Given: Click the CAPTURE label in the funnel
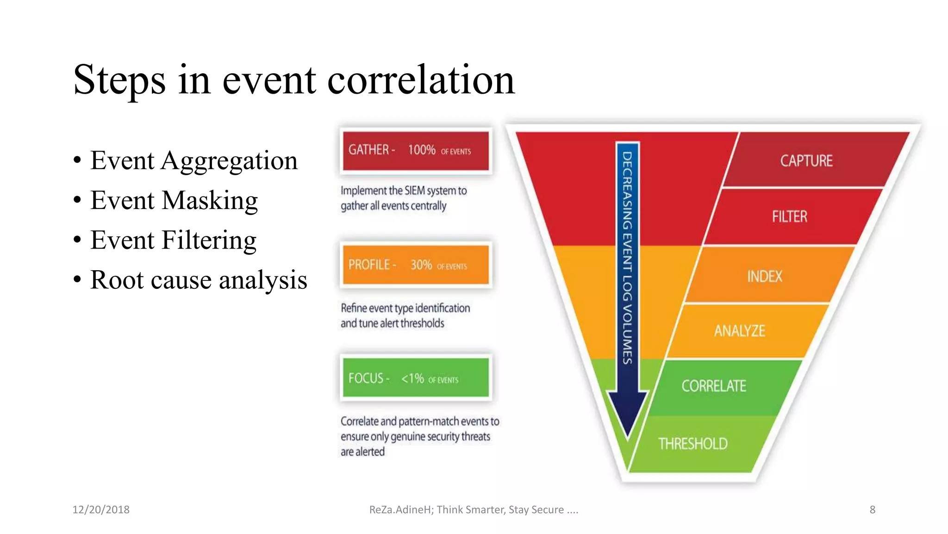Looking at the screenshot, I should click(x=806, y=161).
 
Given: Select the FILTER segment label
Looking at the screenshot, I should click(x=789, y=216).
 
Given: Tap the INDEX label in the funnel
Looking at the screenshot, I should click(x=764, y=276).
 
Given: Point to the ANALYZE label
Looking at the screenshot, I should click(x=739, y=331).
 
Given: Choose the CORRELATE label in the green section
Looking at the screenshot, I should click(x=713, y=386).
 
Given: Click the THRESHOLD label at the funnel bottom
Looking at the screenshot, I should click(x=692, y=444).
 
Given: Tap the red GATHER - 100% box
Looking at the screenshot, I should click(x=415, y=151).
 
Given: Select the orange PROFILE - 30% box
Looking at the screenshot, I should click(x=415, y=265).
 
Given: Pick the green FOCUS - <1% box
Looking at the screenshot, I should click(x=415, y=378).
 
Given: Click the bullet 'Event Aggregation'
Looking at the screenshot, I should click(x=193, y=161).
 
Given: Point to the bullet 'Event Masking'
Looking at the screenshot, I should click(x=174, y=201).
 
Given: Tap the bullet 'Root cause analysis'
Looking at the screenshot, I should click(x=199, y=280).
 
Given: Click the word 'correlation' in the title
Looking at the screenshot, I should click(x=421, y=80).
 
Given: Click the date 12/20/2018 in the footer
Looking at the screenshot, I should click(x=101, y=509).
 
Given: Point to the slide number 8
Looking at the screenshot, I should click(x=872, y=509).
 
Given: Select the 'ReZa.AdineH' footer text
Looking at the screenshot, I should click(x=401, y=509).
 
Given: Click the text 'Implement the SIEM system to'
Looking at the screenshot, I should click(x=403, y=191).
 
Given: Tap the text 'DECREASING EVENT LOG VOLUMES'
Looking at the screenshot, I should click(x=627, y=257).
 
